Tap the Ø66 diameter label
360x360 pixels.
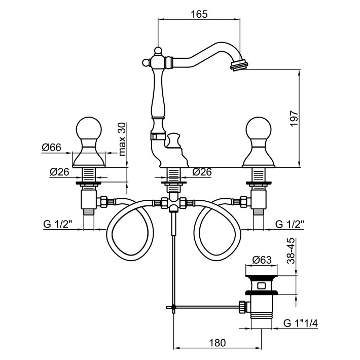(x=52, y=148)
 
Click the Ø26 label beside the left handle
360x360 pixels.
(x=59, y=172)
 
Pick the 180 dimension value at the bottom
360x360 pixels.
(x=218, y=343)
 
